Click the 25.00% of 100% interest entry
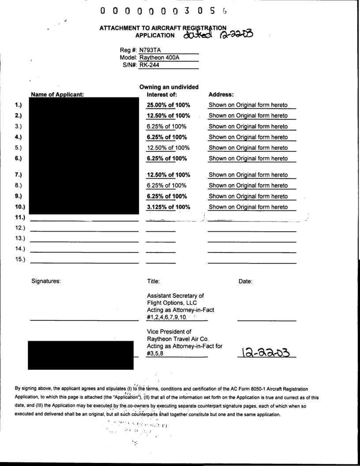pos(168,105)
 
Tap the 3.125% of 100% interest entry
pos(168,207)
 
